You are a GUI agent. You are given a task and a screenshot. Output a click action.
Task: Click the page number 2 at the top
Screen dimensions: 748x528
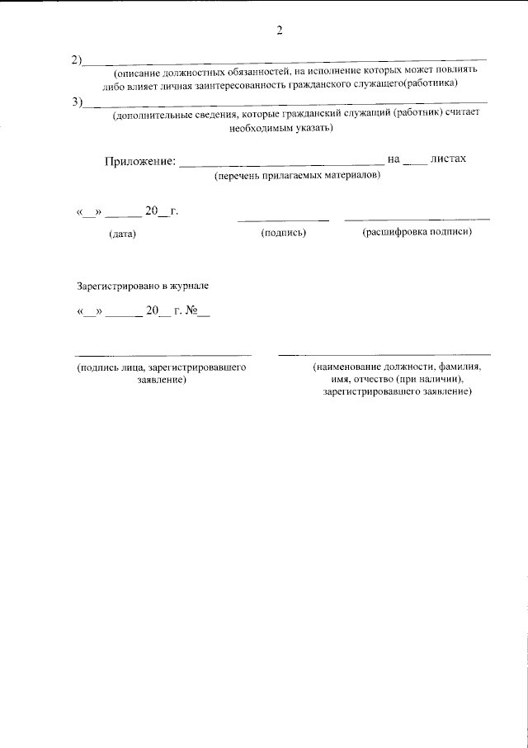[280, 31]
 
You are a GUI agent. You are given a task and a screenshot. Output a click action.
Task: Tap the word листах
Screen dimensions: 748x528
[449, 159]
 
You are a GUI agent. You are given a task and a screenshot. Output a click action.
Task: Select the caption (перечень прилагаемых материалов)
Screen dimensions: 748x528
[297, 177]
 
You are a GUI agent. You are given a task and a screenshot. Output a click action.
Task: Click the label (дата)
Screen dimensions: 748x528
[122, 234]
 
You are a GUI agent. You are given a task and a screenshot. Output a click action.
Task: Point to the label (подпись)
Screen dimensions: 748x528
[284, 234]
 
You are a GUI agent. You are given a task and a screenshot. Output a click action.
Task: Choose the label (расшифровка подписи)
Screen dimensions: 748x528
[417, 233]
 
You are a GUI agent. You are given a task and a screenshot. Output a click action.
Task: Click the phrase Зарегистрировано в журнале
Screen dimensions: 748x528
[144, 286]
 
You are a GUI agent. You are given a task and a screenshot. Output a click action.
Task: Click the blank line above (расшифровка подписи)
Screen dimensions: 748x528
[417, 219]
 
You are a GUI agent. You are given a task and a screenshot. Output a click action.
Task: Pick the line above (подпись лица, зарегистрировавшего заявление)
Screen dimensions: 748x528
[163, 353]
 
